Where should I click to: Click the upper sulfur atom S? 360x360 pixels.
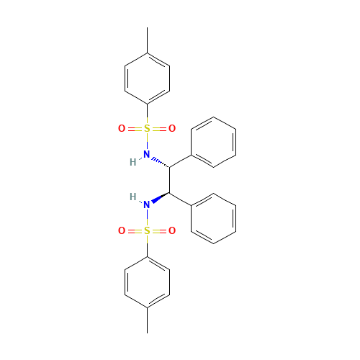(147, 129)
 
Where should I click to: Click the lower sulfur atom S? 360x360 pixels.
(147, 231)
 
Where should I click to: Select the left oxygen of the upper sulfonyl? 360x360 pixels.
(122, 129)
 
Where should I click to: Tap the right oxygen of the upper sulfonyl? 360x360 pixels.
(172, 129)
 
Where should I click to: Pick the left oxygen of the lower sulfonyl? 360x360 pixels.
(122, 231)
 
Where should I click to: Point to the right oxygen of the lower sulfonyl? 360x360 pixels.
(172, 231)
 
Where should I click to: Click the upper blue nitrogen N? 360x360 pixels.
(147, 154)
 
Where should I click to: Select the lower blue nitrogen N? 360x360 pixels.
(147, 205)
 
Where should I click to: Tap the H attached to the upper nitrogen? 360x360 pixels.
(132, 162)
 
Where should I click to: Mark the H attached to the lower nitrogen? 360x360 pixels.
(132, 197)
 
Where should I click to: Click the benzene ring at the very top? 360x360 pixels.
(148, 78)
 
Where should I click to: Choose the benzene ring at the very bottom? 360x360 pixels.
(148, 282)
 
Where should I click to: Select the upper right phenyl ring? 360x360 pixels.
(213, 143)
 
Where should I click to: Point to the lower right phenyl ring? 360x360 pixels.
(213, 218)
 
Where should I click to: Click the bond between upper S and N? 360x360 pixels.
(147, 142)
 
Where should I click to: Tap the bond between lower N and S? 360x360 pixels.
(147, 218)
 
